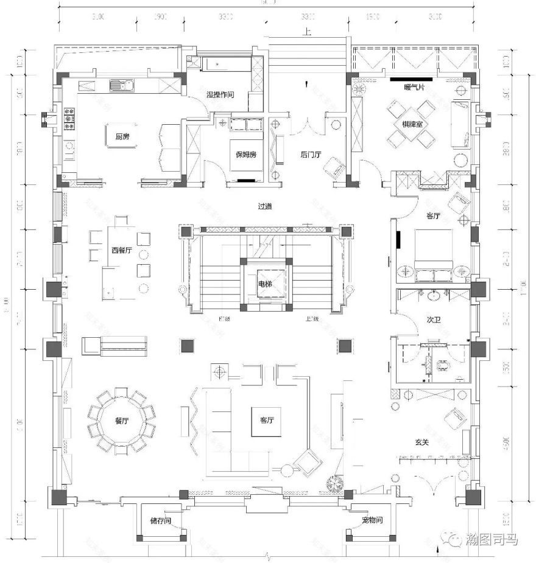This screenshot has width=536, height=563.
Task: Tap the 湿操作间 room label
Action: pos(220,95)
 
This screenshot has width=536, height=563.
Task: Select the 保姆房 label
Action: pos(246,155)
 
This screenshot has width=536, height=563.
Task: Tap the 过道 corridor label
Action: pos(264,206)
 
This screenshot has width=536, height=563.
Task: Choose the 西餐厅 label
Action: pos(121,250)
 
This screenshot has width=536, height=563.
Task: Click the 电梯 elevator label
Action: pos(265,284)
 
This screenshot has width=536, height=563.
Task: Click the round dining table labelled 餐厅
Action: pos(122,421)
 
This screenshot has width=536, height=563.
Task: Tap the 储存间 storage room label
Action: pos(160,521)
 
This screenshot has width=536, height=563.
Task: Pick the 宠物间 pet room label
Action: pos(372,521)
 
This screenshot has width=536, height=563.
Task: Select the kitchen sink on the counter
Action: pos(120,85)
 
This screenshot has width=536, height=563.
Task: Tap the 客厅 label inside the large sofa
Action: pos(267,421)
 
